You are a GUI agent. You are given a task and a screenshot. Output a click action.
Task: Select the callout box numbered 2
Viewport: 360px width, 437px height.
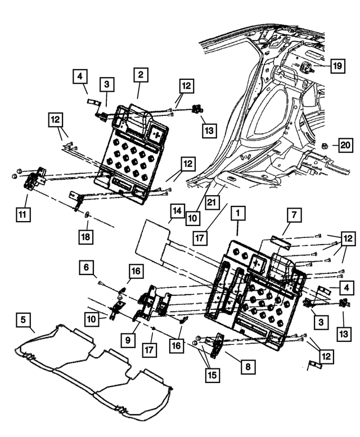pos(139,75)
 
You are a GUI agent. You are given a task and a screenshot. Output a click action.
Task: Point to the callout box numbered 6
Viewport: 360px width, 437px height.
pos(85,268)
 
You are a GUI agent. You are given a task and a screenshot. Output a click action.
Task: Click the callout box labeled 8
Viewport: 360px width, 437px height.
pos(247,367)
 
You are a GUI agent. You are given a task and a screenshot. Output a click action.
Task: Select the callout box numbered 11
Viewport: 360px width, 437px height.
pos(23,214)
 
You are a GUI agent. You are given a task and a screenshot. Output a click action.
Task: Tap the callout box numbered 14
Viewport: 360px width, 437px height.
pos(176,211)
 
